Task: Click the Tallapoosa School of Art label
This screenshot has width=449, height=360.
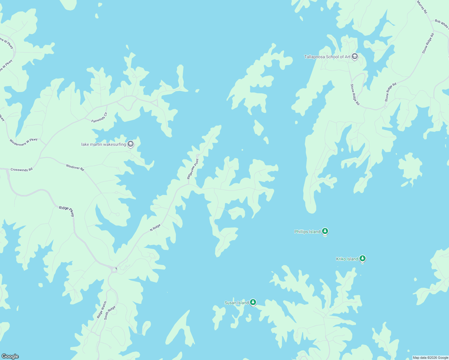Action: [x=327, y=57]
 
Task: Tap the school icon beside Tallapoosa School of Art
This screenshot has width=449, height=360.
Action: [x=355, y=56]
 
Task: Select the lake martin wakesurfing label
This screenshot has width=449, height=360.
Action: [x=104, y=144]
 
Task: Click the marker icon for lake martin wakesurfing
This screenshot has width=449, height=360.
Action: [x=131, y=144]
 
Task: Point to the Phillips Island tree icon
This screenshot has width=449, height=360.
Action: [x=325, y=231]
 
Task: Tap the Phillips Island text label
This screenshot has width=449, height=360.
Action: [x=307, y=232]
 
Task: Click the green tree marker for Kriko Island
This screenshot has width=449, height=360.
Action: [x=363, y=258]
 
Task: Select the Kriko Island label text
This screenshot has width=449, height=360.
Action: [x=347, y=259]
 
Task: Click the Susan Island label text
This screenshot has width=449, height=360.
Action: [x=237, y=303]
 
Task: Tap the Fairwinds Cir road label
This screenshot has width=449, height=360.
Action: [x=99, y=117]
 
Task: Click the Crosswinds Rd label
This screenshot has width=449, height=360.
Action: [x=21, y=169]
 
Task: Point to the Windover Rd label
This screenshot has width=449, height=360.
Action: [x=75, y=167]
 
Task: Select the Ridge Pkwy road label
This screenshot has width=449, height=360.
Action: [x=67, y=210]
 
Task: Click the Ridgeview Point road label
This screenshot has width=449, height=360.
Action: [x=193, y=169]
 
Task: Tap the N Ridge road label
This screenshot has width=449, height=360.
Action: [x=155, y=227]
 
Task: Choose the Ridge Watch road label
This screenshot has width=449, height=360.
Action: [x=102, y=310]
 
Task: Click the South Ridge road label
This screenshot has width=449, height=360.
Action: [x=110, y=313]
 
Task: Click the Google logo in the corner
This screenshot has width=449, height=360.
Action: [x=10, y=356]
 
